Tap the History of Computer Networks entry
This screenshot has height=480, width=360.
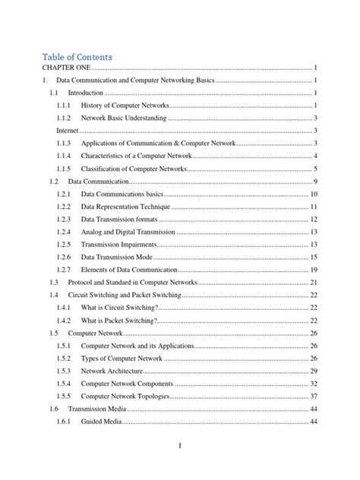click(125, 105)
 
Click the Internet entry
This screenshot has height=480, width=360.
click(68, 131)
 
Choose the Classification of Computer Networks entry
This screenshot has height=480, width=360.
click(133, 169)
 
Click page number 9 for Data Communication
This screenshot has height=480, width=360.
click(314, 182)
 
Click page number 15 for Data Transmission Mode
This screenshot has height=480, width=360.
click(313, 257)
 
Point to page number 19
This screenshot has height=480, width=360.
click(313, 270)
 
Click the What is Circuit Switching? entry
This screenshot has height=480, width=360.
click(119, 308)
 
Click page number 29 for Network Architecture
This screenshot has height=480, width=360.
click(313, 371)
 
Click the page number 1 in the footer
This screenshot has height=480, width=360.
click(180, 446)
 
